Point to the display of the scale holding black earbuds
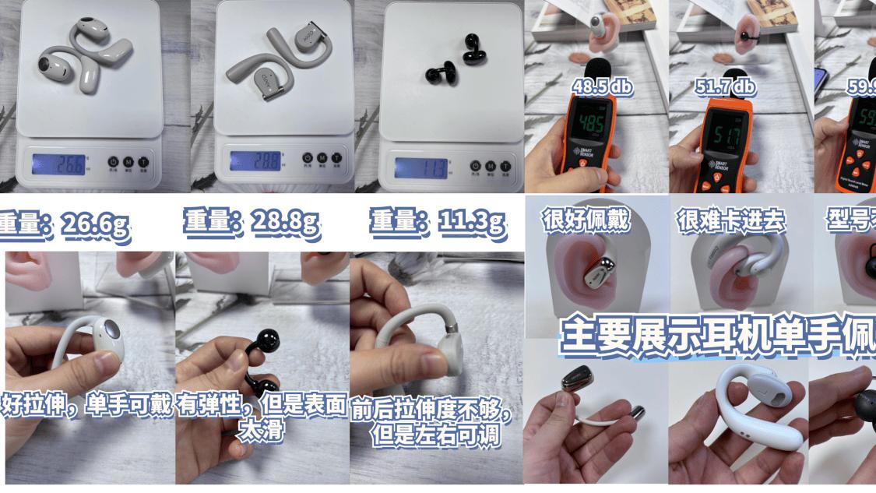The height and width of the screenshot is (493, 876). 421,166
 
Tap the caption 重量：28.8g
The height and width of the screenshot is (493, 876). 252,224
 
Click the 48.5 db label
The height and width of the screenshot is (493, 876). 602,86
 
